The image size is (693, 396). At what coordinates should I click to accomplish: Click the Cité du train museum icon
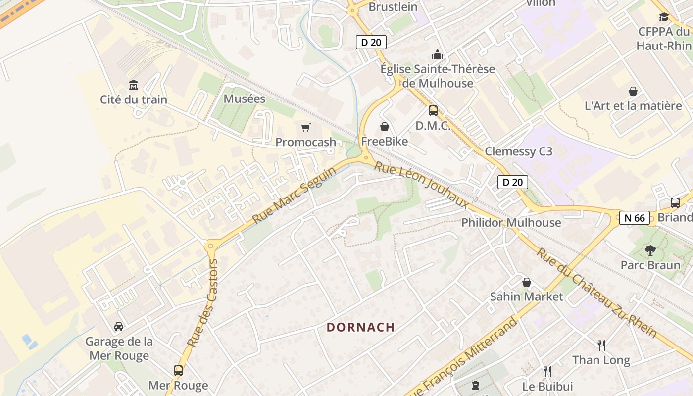click(x=133, y=85)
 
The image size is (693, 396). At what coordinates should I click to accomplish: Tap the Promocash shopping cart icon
click(x=306, y=128)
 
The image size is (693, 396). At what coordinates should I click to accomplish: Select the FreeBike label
click(x=385, y=142)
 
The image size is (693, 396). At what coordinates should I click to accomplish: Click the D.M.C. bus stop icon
click(x=433, y=111)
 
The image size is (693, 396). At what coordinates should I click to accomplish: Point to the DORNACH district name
click(x=361, y=327)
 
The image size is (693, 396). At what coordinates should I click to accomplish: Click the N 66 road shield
click(x=634, y=218)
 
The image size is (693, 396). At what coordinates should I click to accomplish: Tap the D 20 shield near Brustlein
click(x=371, y=42)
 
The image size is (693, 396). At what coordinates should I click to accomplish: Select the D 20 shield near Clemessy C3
click(x=512, y=182)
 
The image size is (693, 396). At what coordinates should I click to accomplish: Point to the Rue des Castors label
click(x=203, y=302)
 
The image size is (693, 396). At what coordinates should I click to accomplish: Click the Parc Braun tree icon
click(x=650, y=250)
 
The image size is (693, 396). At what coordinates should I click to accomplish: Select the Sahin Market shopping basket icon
click(x=527, y=282)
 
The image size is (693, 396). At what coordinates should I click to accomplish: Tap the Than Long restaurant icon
click(x=601, y=345)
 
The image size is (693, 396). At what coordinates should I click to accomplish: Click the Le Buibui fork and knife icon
click(x=547, y=371)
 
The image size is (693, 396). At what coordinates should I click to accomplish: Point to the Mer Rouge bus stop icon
click(x=178, y=370)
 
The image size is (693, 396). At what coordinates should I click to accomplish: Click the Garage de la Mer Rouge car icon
click(x=119, y=327)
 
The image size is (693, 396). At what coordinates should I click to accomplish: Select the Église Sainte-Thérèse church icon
click(x=438, y=54)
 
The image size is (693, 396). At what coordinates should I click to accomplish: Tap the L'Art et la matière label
click(x=633, y=106)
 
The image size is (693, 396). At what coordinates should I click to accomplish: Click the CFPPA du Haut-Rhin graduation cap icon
click(x=664, y=17)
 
